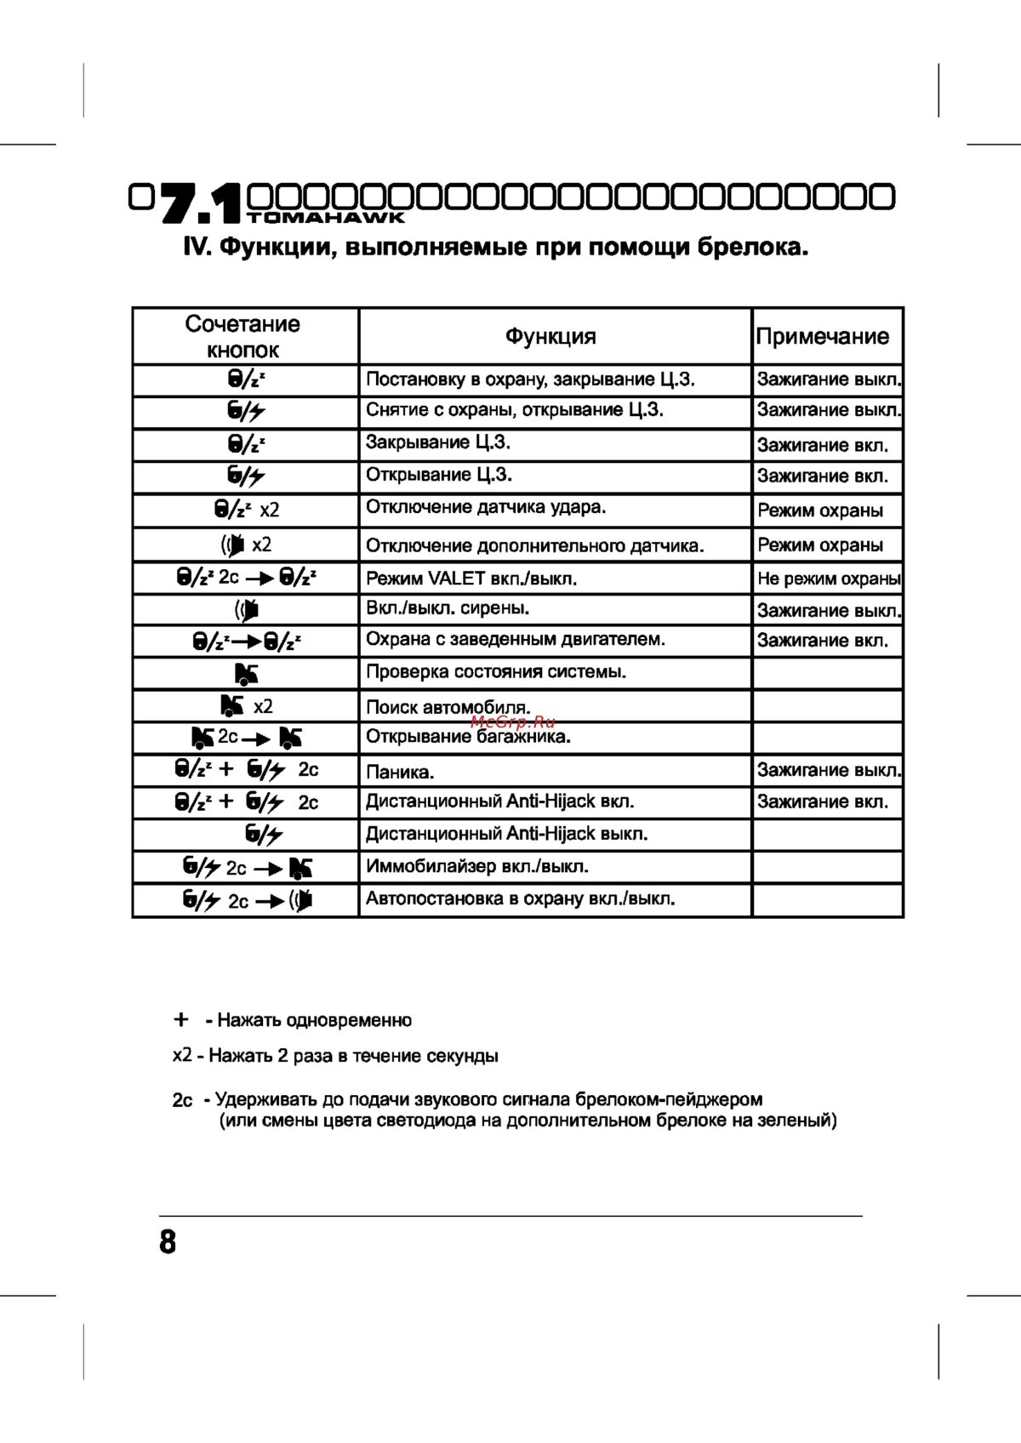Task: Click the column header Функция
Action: [x=550, y=336]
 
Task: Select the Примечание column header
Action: [x=823, y=336]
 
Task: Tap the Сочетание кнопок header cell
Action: [x=242, y=337]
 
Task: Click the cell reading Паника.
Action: [x=400, y=773]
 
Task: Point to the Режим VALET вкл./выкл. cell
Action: [x=471, y=579]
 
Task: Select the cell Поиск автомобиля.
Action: [x=448, y=707]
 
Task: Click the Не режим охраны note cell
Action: [x=828, y=579]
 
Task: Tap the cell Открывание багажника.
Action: [x=468, y=737]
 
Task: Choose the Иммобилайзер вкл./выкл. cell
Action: [x=476, y=867]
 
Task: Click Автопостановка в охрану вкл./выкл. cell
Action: [x=520, y=898]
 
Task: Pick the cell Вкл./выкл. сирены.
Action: [x=448, y=608]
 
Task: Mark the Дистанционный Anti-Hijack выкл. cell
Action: [x=506, y=834]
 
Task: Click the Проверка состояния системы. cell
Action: [x=495, y=672]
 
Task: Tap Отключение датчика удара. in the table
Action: [x=485, y=507]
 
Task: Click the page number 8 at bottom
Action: [x=168, y=1241]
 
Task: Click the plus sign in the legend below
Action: [x=180, y=1019]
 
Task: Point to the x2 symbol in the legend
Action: [x=182, y=1055]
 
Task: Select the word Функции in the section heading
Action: [x=269, y=248]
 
